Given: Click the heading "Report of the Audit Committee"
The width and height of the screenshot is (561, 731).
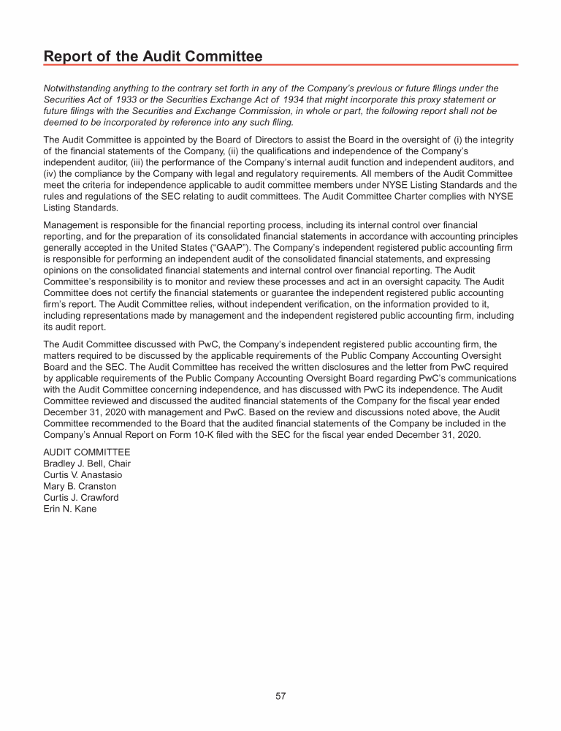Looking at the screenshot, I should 153,56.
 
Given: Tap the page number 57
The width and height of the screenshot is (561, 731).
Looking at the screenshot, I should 280,696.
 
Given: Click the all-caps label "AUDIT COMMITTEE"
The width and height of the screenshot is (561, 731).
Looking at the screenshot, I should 87,452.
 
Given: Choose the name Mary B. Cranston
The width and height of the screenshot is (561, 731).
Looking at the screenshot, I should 80,486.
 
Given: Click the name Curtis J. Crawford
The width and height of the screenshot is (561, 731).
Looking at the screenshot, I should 80,497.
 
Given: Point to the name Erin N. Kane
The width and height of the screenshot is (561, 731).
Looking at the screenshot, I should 69,509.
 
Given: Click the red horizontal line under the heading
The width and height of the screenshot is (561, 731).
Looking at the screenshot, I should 280,65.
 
